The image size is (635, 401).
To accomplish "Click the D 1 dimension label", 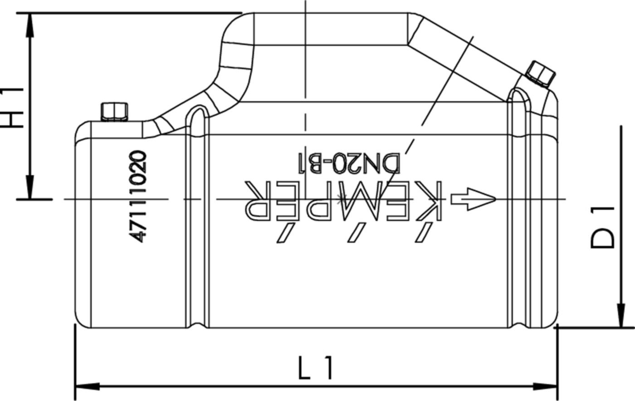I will [x=602, y=227].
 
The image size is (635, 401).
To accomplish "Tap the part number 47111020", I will [x=138, y=196].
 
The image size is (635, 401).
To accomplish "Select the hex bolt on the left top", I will [x=113, y=112].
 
